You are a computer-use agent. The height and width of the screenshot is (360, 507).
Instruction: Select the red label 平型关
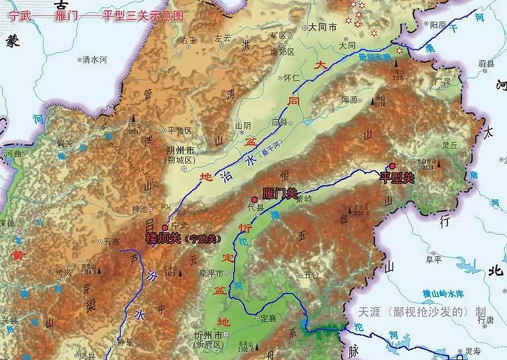pyautogui.click(x=396, y=178)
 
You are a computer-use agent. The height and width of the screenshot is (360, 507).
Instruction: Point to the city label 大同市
pyautogui.click(x=320, y=28)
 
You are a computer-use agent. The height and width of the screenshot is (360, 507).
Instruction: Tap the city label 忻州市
pyautogui.click(x=209, y=334)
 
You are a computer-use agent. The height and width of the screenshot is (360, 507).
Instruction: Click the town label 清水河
pyautogui.click(x=95, y=60)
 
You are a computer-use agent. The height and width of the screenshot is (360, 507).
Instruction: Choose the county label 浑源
pyautogui.click(x=350, y=100)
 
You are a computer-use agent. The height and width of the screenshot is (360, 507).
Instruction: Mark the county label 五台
pyautogui.click(x=311, y=274)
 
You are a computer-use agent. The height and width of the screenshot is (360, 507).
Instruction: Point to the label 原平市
pyautogui.click(x=212, y=274)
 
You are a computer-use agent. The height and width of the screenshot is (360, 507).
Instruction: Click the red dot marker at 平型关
pyautogui.click(x=392, y=166)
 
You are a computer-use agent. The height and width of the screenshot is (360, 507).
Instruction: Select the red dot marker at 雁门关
pyautogui.click(x=254, y=199)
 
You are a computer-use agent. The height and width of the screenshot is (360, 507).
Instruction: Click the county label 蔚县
pyautogui.click(x=486, y=64)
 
